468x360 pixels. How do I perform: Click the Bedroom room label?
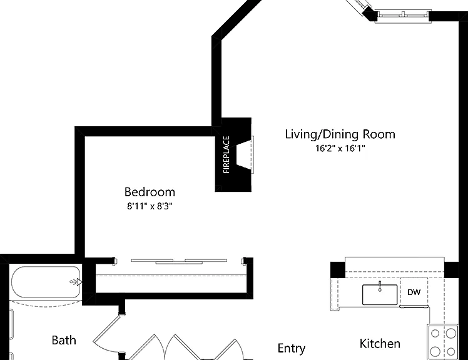pyautogui.click(x=150, y=192)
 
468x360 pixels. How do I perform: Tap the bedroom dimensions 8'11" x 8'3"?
pyautogui.click(x=150, y=206)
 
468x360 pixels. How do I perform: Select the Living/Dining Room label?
pyautogui.click(x=340, y=134)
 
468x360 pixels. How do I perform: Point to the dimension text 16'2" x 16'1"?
pyautogui.click(x=340, y=148)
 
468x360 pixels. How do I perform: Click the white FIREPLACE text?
pyautogui.click(x=226, y=154)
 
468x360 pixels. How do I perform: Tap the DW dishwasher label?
pyautogui.click(x=414, y=292)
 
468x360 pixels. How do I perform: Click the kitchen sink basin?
pyautogui.click(x=380, y=294)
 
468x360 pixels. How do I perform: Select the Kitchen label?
pyautogui.click(x=380, y=344)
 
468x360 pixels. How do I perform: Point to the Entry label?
pyautogui.click(x=292, y=348)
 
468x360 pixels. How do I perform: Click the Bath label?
pyautogui.click(x=64, y=340)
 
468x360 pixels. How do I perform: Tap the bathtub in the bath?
pyautogui.click(x=46, y=282)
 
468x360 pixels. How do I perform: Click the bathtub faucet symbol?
pyautogui.click(x=76, y=281)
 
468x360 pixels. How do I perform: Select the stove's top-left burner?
pyautogui.click(x=435, y=333)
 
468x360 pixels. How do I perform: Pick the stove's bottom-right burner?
pyautogui.click(x=450, y=351)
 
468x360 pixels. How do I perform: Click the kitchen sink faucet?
pyautogui.click(x=380, y=286)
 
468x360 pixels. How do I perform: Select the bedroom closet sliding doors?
pyautogui.click(x=179, y=262)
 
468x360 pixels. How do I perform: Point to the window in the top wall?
pyautogui.click(x=403, y=14)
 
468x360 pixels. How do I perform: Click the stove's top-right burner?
pyautogui.click(x=451, y=332)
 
